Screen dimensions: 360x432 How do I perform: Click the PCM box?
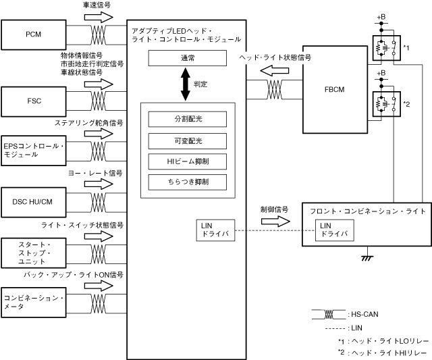(x=34, y=34)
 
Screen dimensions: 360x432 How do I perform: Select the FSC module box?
(x=34, y=101)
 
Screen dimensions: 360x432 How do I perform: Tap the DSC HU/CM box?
(x=34, y=201)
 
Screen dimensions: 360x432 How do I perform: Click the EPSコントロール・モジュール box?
(x=34, y=151)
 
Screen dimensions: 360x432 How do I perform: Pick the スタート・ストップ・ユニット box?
(x=34, y=252)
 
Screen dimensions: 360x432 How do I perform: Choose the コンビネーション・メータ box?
(x=34, y=302)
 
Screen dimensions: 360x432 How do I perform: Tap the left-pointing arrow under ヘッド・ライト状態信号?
(x=275, y=71)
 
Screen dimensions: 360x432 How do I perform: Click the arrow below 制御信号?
(x=275, y=222)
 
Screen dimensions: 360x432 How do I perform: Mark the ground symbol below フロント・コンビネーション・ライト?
(x=368, y=257)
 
